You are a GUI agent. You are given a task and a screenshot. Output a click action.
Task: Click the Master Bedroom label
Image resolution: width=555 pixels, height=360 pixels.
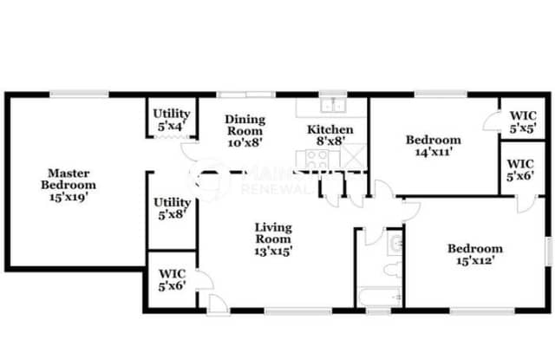tap(69, 179)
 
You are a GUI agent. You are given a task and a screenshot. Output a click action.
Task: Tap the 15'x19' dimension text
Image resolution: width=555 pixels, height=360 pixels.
tap(69, 196)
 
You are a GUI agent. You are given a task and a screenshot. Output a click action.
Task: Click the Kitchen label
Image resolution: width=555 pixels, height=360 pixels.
tap(330, 130)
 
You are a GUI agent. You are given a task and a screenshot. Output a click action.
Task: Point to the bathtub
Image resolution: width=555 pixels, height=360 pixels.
tap(381, 297)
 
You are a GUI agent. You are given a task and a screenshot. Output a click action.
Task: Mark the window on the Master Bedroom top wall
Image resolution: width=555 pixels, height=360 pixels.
tap(78, 94)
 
